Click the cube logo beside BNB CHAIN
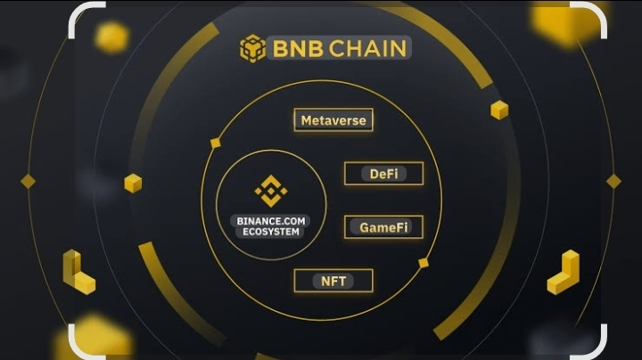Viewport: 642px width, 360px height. coord(252,48)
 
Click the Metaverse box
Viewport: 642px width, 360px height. coord(333,120)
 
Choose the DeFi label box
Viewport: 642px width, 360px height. coord(383,174)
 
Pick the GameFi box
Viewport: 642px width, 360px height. coord(383,227)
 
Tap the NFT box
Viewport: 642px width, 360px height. coord(333,281)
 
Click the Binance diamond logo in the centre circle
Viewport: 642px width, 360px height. coord(268,190)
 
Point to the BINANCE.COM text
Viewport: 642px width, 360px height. coord(268,220)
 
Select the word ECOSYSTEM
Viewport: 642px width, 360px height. coord(268,232)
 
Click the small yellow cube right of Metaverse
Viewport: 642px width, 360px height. coord(499,110)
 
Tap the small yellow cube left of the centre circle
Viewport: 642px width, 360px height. coord(133,183)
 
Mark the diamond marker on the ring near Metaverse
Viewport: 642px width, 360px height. coord(215,143)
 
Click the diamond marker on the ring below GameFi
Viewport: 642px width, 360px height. coord(424,263)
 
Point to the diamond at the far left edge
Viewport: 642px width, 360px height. coord(28,182)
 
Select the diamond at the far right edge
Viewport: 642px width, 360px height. coord(613,182)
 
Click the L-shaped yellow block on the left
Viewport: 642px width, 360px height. coord(78,274)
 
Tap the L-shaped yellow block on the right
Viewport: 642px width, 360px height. coord(564,274)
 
